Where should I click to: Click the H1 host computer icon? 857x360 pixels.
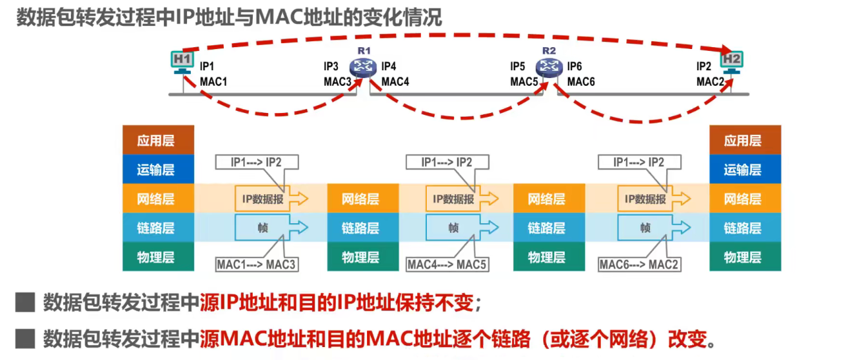[182, 61]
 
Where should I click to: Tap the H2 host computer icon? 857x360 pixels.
[732, 61]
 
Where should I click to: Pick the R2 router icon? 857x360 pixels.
[549, 66]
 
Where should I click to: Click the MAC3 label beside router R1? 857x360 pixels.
[337, 82]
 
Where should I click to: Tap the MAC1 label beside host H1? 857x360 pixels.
[213, 82]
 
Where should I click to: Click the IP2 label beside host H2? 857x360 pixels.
[704, 66]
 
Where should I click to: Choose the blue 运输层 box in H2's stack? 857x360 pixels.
[745, 170]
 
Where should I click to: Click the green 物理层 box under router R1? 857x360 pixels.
[360, 257]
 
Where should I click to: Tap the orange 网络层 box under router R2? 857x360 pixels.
[546, 199]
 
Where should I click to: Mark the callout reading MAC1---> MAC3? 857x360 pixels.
[257, 265]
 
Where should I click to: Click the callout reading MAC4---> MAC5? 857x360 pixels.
[447, 265]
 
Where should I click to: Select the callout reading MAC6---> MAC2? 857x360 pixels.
[638, 265]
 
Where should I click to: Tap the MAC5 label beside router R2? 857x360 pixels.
[524, 82]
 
